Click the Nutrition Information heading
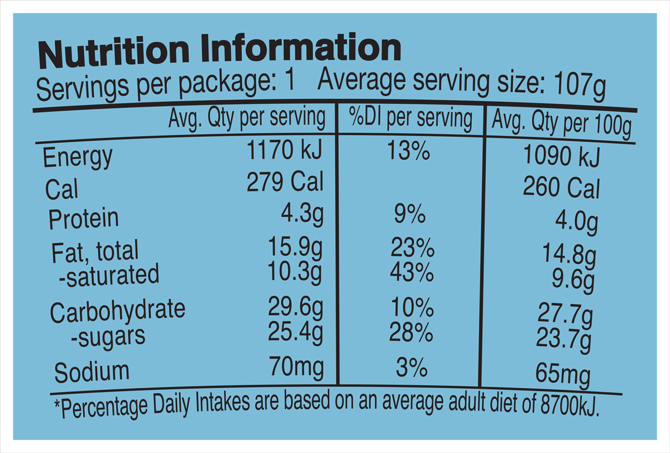tap(218, 50)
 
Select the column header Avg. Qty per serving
tap(246, 119)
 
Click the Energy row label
tap(78, 157)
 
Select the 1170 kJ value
tap(284, 151)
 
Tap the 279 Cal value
tap(285, 182)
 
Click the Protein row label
tap(84, 218)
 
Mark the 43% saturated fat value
tap(412, 273)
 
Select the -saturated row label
tap(109, 275)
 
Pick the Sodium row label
tap(92, 372)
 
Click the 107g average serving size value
tap(580, 86)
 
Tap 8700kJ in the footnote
tap(569, 405)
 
